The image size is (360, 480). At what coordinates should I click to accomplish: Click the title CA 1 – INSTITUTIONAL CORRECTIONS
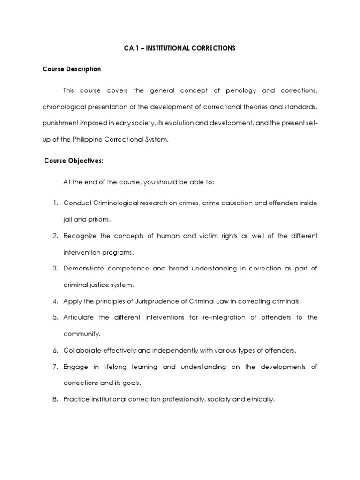[180, 49]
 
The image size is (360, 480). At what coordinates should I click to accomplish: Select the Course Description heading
[72, 69]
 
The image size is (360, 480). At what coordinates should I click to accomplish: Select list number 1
[54, 202]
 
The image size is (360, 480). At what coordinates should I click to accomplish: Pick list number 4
[54, 300]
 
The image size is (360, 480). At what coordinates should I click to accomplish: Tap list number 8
[54, 399]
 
